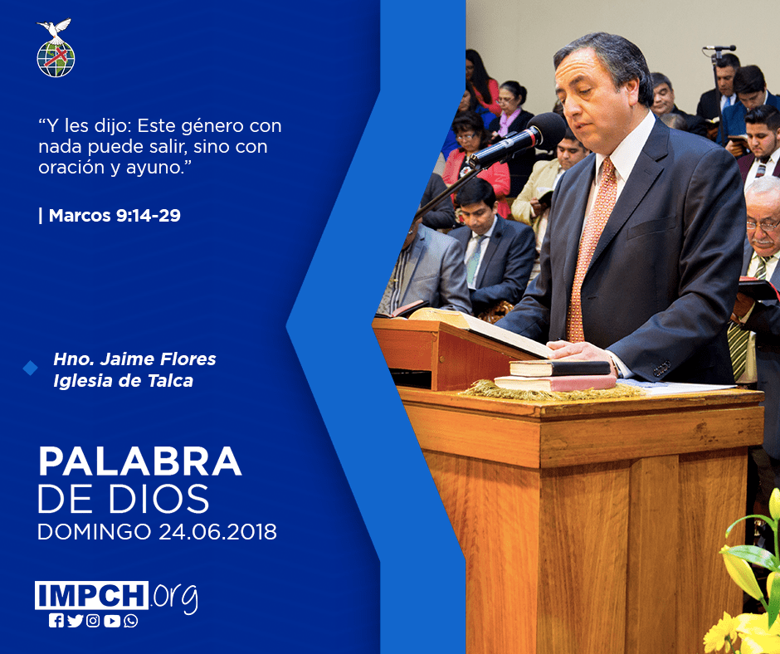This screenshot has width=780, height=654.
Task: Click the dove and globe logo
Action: tap(56, 48)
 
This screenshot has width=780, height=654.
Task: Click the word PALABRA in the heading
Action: tap(139, 462)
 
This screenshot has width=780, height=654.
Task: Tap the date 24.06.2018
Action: tap(218, 532)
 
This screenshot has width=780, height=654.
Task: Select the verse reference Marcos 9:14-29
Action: tap(115, 216)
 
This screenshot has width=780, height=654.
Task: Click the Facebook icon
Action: tap(56, 621)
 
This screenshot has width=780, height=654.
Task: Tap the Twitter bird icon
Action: tap(76, 621)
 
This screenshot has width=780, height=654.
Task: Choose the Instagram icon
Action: tap(93, 621)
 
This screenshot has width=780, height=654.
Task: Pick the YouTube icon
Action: tap(112, 621)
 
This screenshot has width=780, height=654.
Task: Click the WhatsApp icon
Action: tap(131, 621)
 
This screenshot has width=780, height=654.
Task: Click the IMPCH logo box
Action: tap(91, 595)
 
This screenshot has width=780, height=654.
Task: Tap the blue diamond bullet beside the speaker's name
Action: tap(31, 368)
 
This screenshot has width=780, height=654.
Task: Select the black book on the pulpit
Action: tap(559, 368)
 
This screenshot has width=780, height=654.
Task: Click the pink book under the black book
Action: tap(555, 383)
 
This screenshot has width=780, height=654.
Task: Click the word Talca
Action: tap(171, 381)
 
